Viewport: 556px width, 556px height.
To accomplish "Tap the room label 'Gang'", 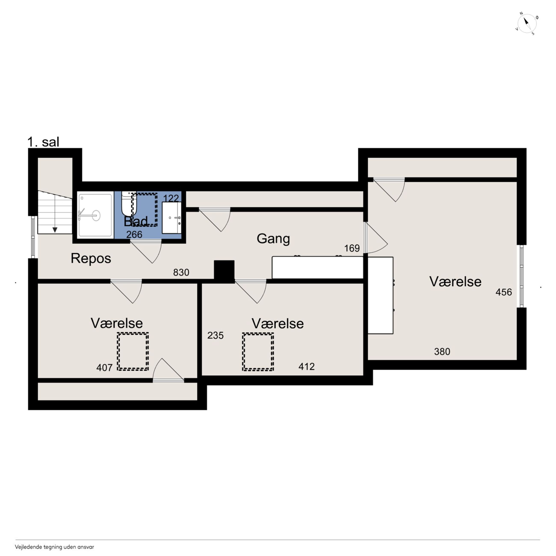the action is [273, 239].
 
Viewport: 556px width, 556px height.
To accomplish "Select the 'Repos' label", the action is [91, 258].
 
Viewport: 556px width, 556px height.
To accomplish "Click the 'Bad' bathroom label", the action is [136, 221].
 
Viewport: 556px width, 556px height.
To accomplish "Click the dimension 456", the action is [504, 292].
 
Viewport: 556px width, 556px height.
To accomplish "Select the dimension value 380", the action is [442, 351].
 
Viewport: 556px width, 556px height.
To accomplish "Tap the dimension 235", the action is [216, 335].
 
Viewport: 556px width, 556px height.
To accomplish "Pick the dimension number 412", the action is [306, 366].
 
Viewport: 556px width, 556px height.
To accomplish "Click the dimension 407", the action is [105, 368].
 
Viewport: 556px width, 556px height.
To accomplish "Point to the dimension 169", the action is [352, 248].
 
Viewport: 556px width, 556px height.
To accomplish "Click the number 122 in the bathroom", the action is [171, 198].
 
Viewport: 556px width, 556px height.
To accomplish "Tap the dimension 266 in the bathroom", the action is [134, 235].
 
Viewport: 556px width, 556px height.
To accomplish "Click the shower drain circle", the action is [96, 215].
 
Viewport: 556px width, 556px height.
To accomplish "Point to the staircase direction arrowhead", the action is [55, 230].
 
